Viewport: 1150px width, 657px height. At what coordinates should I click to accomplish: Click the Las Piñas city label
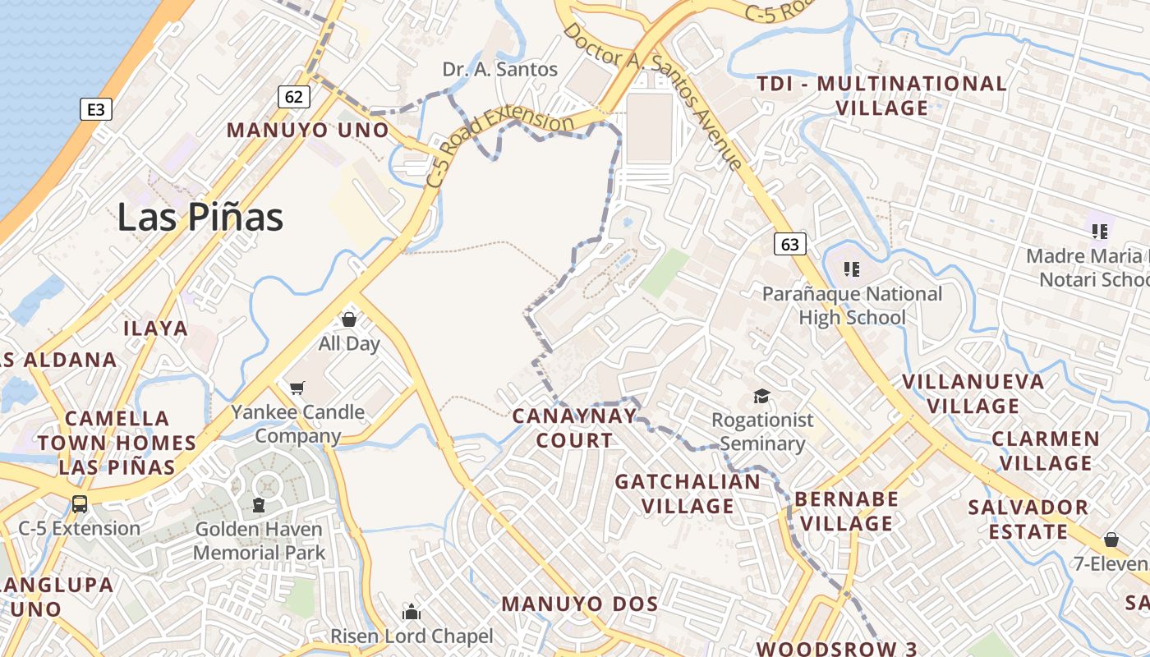click(x=200, y=218)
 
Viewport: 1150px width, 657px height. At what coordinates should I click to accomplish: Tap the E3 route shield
click(x=96, y=108)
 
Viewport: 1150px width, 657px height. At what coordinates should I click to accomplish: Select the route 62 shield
click(x=293, y=96)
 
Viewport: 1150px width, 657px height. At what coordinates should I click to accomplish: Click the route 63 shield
click(x=789, y=244)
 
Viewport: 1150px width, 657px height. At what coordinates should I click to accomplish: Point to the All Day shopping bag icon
click(x=349, y=319)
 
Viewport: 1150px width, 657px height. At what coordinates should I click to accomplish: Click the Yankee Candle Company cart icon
click(x=297, y=387)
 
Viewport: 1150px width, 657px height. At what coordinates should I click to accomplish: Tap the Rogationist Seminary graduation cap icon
click(x=762, y=397)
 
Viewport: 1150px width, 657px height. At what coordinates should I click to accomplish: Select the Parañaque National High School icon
click(x=852, y=269)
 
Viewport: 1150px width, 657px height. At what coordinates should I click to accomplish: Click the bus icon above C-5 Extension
click(x=80, y=503)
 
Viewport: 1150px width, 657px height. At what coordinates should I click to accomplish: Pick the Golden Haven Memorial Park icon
click(x=260, y=505)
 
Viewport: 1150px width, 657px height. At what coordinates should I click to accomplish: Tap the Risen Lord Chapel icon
click(x=412, y=612)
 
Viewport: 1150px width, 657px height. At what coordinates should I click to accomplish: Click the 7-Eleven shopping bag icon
click(x=1111, y=540)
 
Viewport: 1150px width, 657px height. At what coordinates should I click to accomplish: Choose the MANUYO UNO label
click(x=307, y=130)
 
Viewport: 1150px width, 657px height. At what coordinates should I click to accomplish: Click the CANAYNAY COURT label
click(x=574, y=428)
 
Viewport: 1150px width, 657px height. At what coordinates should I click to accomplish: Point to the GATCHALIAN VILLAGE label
click(x=688, y=493)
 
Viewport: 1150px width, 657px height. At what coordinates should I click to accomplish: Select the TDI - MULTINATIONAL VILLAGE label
click(x=882, y=95)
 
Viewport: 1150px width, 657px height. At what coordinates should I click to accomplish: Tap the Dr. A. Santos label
click(x=500, y=69)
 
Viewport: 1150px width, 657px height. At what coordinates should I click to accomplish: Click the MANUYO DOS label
click(x=580, y=604)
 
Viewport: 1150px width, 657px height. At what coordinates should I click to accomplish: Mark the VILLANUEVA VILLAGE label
click(x=973, y=393)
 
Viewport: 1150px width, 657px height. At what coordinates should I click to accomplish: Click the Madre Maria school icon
click(x=1100, y=231)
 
